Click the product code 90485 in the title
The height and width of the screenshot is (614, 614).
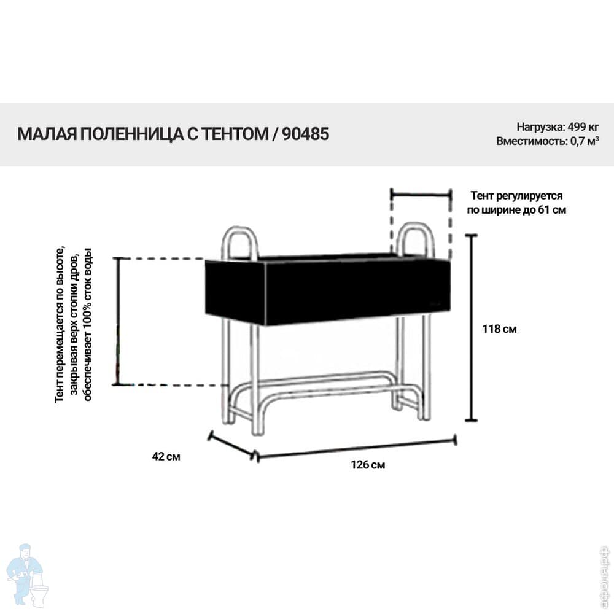point(305,134)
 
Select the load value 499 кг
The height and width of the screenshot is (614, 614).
point(583,127)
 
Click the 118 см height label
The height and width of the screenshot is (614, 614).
point(499,329)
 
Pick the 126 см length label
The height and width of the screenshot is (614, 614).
point(368,465)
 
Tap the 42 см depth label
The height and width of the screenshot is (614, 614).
point(166,457)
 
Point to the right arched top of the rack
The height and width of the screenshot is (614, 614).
point(415,225)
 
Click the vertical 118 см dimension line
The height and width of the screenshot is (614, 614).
point(471,328)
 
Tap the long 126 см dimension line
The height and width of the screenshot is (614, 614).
point(356,448)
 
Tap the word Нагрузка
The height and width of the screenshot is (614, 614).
point(540,127)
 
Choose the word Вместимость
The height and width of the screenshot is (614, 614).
point(531,141)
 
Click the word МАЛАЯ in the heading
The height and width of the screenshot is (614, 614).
point(47,134)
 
